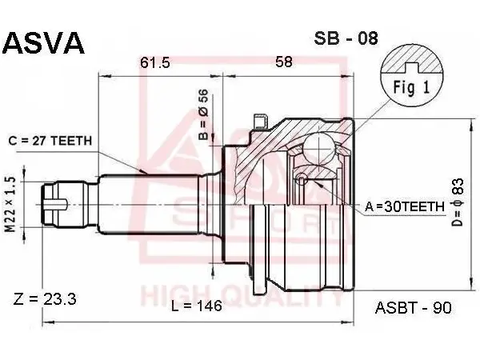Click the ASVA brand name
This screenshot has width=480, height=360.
(43, 43)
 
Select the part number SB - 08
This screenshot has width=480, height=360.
(346, 38)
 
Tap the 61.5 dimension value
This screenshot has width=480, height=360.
(155, 62)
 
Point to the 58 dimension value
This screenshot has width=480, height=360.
(284, 62)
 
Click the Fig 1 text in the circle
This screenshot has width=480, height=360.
(411, 87)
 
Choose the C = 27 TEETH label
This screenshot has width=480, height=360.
(50, 141)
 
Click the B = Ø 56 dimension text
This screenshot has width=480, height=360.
(203, 114)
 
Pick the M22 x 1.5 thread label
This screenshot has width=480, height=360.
(11, 205)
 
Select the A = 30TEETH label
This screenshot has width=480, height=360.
(404, 207)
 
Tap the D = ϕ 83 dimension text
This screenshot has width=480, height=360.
(458, 202)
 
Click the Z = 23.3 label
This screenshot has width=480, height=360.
(45, 298)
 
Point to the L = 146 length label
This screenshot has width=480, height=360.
(197, 306)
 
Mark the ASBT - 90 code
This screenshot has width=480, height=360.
(414, 308)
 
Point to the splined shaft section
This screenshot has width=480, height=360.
(150, 204)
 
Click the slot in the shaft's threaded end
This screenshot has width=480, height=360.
(56, 205)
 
